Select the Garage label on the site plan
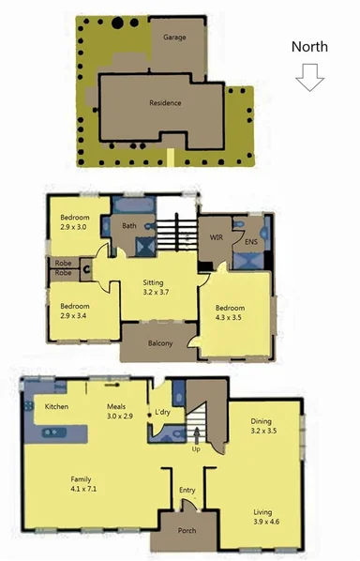tap(174, 38)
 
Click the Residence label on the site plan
tap(165, 103)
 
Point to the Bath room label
tap(129, 225)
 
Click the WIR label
tap(215, 238)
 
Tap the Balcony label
tap(160, 342)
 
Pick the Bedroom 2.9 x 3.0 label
tap(74, 221)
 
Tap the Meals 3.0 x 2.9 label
tap(121, 410)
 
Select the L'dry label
tap(162, 413)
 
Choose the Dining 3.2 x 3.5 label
tap(263, 427)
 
